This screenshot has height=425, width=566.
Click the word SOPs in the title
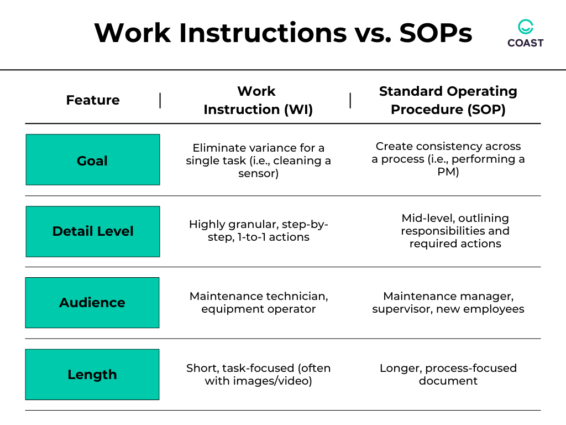pyautogui.click(x=436, y=33)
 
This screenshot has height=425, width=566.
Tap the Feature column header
pyautogui.click(x=93, y=100)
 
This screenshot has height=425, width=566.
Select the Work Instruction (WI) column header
pyautogui.click(x=258, y=100)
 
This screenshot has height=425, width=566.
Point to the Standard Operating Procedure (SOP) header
pyautogui.click(x=448, y=100)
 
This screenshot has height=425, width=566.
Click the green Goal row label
pyautogui.click(x=93, y=160)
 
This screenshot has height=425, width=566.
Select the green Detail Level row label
pyautogui.click(x=93, y=231)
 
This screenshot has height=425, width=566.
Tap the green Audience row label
pyautogui.click(x=92, y=303)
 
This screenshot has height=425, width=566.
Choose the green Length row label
pyautogui.click(x=92, y=375)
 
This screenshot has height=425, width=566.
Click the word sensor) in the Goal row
pyautogui.click(x=259, y=173)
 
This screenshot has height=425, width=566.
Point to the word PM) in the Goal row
pyautogui.click(x=448, y=172)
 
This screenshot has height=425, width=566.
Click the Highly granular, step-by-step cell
pyautogui.click(x=259, y=231)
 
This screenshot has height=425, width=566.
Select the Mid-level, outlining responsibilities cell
pyautogui.click(x=455, y=231)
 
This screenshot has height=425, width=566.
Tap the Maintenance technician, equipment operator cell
pyautogui.click(x=259, y=303)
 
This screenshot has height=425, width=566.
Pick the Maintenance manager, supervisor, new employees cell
pyautogui.click(x=448, y=303)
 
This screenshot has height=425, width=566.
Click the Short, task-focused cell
pyautogui.click(x=259, y=374)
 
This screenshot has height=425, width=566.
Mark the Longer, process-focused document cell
pyautogui.click(x=448, y=374)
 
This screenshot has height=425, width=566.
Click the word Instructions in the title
pyautogui.click(x=263, y=33)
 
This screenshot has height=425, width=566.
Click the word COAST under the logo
pyautogui.click(x=526, y=43)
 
